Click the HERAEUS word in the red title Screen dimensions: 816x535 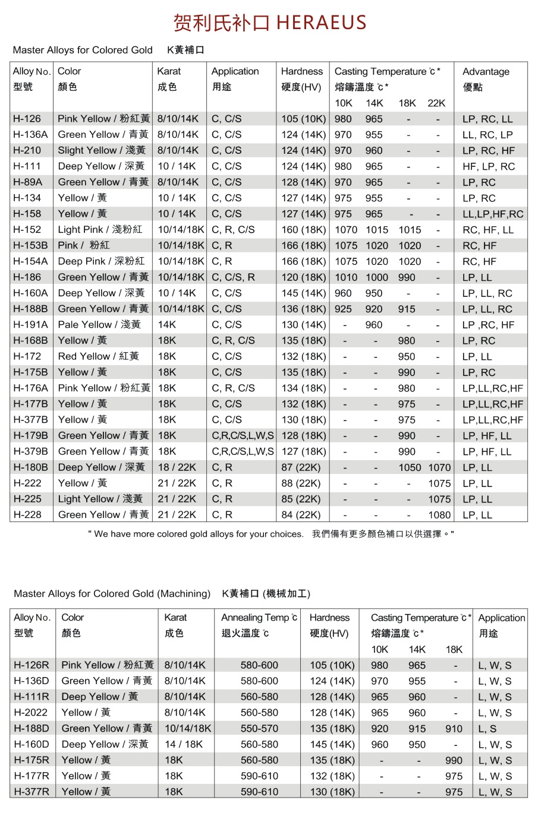point(321,23)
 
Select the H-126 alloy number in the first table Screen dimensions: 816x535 point(27,119)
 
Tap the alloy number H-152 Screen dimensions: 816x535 point(27,230)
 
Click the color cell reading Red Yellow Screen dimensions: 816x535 point(98,356)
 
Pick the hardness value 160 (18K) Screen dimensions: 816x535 point(303,230)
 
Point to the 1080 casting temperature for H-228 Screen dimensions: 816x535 point(439,515)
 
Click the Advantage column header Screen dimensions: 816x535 point(486,72)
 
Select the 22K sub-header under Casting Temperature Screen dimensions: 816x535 point(436,103)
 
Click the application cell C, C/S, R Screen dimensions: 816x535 point(233,277)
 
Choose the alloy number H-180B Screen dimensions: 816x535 point(30,467)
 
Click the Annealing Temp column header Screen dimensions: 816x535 point(259,618)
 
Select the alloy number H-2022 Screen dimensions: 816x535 point(30,713)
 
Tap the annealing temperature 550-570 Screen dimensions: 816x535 point(259,729)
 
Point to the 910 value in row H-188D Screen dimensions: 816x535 point(454,729)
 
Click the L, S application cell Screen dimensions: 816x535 point(487,729)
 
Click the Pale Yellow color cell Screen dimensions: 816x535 point(99,325)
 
